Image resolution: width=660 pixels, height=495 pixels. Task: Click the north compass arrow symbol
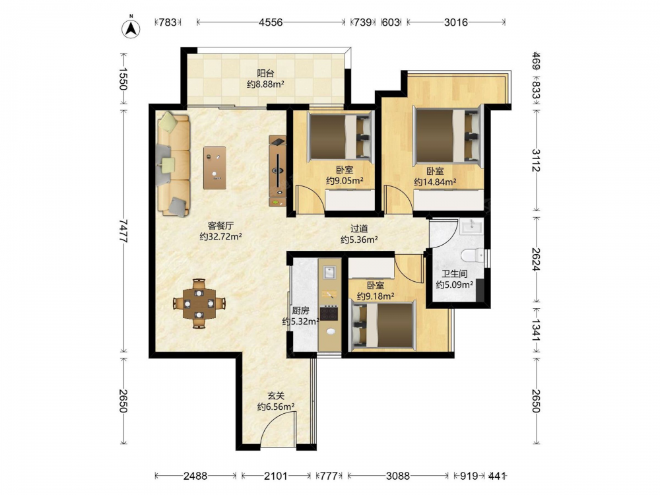131,28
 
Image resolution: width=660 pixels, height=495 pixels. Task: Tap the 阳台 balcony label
265,73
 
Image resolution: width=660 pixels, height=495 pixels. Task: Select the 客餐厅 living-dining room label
220,226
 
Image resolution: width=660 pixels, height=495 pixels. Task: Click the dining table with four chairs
199,303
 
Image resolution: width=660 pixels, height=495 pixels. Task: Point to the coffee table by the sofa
214,168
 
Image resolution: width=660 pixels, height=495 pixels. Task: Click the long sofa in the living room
173,164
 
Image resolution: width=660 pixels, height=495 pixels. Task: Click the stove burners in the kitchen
329,313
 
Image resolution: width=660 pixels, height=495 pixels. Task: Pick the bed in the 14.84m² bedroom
447,135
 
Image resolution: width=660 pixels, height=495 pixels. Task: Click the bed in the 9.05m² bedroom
341,137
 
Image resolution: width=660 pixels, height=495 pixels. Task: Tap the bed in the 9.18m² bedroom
382,325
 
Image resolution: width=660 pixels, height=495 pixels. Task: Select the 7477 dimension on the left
123,230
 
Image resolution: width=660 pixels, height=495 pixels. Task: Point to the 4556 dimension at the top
271,22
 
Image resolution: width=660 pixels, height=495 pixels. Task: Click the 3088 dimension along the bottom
398,476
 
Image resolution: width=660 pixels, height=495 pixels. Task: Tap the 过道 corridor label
359,229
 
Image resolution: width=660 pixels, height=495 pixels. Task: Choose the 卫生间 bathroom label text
455,274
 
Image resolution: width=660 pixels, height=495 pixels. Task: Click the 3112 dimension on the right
536,160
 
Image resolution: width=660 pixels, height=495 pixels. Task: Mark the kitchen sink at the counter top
329,272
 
